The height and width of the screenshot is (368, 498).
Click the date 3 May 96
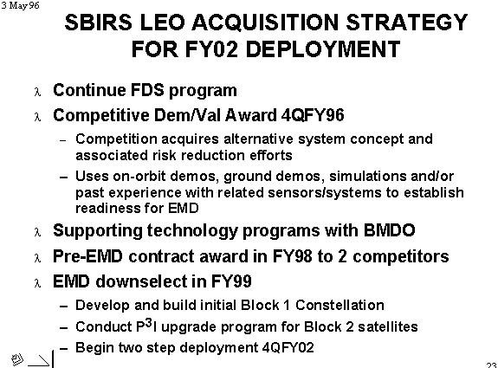click(20, 5)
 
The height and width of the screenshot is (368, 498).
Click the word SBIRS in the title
click(99, 23)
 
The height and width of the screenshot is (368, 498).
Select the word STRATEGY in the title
click(406, 23)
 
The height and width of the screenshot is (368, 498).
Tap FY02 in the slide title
click(211, 49)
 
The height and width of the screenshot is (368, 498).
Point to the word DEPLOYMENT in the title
click(323, 49)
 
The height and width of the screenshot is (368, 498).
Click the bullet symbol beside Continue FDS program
click(37, 92)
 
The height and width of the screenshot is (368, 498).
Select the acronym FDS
click(147, 90)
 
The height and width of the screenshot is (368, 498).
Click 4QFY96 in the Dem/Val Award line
click(313, 115)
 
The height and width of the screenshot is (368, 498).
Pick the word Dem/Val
click(187, 115)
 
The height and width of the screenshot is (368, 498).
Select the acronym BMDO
click(390, 230)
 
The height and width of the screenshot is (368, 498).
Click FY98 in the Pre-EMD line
click(292, 256)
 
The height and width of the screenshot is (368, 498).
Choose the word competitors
click(401, 256)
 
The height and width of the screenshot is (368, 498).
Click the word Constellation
click(340, 305)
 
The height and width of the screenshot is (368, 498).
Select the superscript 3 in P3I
click(148, 323)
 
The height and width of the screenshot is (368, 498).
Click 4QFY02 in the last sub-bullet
click(288, 347)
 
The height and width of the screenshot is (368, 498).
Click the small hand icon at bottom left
click(16, 359)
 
